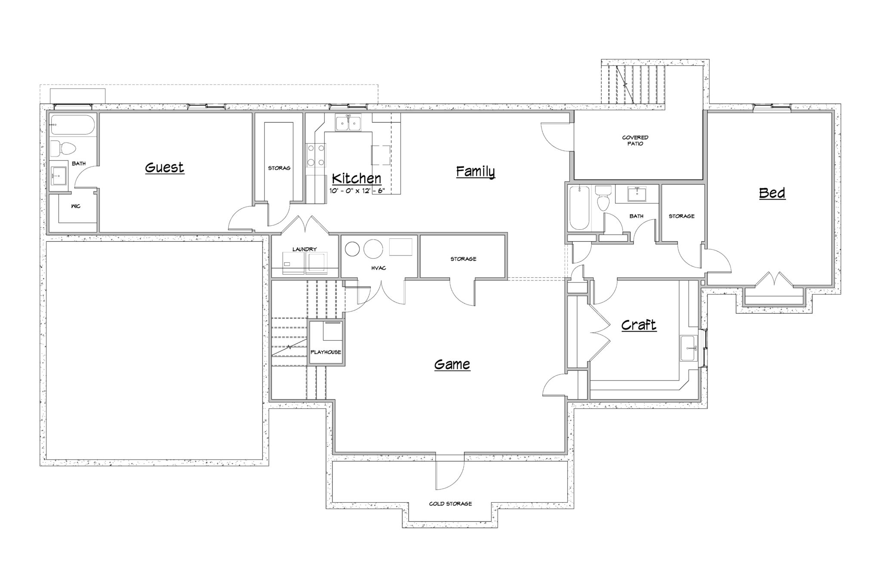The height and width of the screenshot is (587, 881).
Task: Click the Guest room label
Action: [164, 167]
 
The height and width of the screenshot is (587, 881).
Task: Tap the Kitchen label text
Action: [357, 178]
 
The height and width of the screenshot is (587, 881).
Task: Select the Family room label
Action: [475, 172]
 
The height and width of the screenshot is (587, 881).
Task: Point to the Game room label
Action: [452, 365]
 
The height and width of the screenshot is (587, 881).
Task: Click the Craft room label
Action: [639, 325]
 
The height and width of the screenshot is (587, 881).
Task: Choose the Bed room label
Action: [772, 193]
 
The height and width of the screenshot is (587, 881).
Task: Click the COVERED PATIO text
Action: [635, 141]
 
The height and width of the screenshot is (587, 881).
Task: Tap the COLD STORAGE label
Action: [450, 504]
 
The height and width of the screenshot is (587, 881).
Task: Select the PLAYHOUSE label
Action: [326, 352]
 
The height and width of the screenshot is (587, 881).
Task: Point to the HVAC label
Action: [379, 268]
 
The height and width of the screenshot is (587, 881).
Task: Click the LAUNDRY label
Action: [305, 249]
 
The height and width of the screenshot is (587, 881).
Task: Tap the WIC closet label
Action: [76, 206]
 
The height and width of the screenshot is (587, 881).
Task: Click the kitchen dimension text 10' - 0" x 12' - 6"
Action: [357, 191]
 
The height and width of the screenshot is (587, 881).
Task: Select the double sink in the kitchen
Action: [348, 123]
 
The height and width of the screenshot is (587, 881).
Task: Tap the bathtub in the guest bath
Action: [72, 125]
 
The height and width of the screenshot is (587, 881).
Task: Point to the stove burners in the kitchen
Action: [316, 155]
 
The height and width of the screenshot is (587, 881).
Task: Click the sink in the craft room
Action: [689, 348]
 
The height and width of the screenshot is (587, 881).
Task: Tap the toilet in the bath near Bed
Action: [603, 198]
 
